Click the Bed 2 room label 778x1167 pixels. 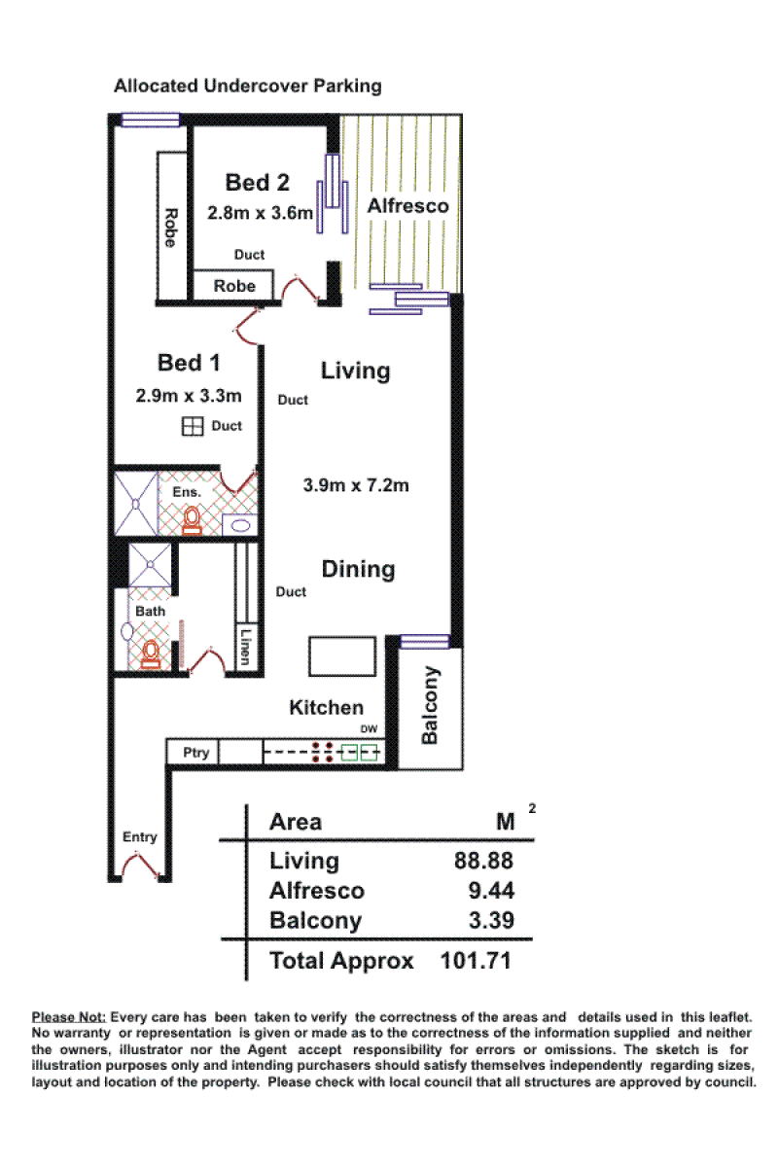click(x=257, y=183)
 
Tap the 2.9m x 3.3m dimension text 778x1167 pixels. click(x=189, y=396)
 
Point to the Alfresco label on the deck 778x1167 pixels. click(x=408, y=206)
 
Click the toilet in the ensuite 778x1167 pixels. click(x=192, y=520)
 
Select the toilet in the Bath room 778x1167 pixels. click(x=151, y=654)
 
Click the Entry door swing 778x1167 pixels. click(x=141, y=865)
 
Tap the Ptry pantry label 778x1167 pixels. click(x=195, y=753)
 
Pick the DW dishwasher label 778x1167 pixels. click(x=369, y=728)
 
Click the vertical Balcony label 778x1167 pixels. click(x=431, y=705)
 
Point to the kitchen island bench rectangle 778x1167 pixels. click(x=342, y=655)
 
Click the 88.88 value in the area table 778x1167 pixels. click(x=483, y=861)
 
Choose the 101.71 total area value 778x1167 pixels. click(x=476, y=961)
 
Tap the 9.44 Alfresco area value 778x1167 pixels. click(x=491, y=891)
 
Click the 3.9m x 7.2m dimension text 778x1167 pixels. click(x=356, y=485)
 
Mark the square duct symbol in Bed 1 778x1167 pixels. click(x=193, y=426)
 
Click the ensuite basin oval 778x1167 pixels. click(x=240, y=526)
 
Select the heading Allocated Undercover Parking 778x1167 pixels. click(x=248, y=86)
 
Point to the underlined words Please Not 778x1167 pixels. click(x=69, y=1017)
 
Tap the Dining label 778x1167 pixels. click(x=358, y=570)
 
